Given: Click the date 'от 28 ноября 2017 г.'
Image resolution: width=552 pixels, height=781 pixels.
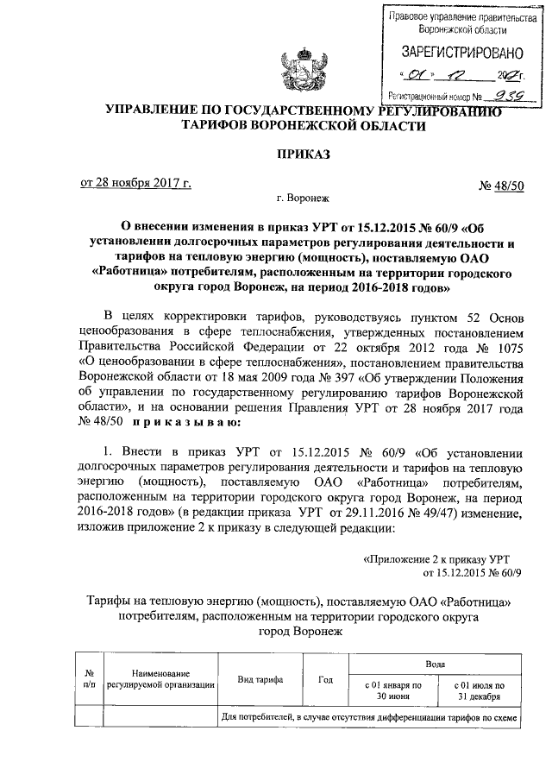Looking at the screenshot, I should tap(136, 184).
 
